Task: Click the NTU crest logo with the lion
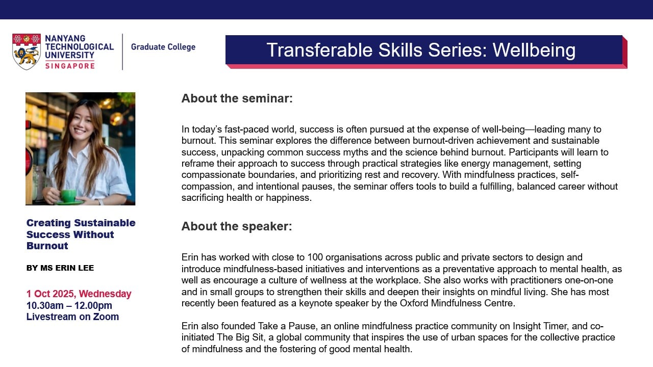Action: (27, 51)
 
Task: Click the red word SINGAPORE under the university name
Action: (69, 66)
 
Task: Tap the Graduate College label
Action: (163, 47)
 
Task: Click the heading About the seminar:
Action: (237, 98)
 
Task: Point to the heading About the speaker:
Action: (237, 226)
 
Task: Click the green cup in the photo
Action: (68, 195)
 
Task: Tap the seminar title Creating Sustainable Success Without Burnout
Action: (81, 234)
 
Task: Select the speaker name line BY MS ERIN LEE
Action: (60, 268)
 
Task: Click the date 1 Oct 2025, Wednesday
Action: (79, 294)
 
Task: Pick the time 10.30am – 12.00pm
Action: (69, 305)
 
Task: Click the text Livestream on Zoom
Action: (72, 317)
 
